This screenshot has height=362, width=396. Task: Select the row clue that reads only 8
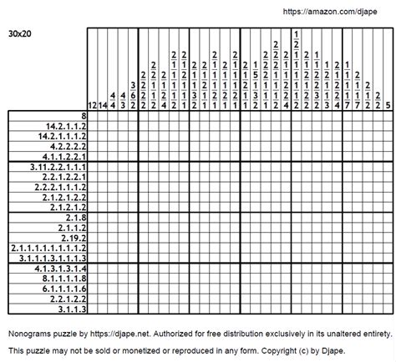(x=84, y=115)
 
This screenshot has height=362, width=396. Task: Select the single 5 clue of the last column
(x=388, y=106)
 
